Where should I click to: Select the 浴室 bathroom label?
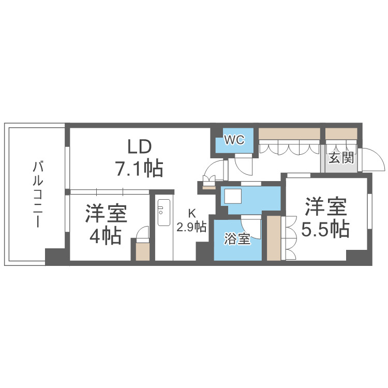coord(237,240)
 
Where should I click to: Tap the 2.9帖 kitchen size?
coord(191,227)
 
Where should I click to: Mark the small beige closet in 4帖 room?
coord(142,251)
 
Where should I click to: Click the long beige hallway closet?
coord(290,133)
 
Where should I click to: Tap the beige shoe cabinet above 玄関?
coord(341,133)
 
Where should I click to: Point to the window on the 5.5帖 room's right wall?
coord(369,207)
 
